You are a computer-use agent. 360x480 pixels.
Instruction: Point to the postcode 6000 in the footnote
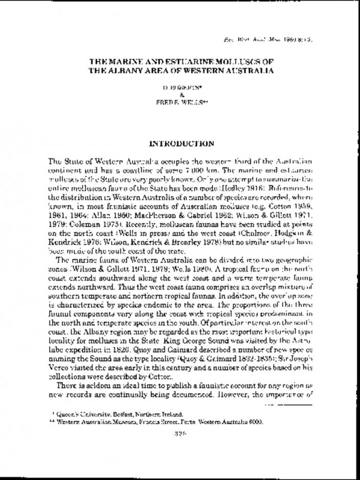(x=254, y=422)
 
